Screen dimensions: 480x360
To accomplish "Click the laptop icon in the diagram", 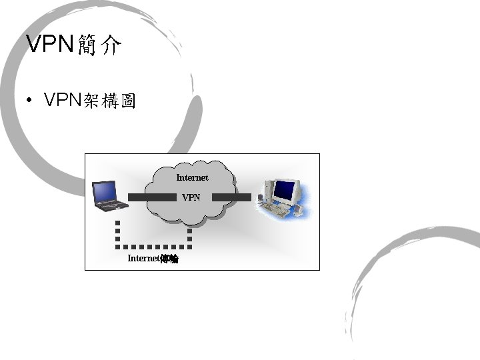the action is coord(109,196).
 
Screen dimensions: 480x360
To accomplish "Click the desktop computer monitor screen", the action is coord(283,191).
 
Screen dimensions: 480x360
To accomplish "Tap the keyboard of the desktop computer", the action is coord(275,209).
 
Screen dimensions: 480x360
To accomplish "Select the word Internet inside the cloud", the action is coord(192,177).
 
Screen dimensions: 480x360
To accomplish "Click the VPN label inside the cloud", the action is coord(191,197).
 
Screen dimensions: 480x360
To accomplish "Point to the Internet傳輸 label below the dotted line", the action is coord(153,258).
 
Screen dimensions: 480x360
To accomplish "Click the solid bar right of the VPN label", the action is coord(231,197).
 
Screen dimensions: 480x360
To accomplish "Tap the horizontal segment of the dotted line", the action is coord(153,245).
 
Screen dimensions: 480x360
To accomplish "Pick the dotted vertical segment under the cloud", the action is coord(189,235).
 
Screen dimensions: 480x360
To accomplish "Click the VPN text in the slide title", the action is coord(50,44).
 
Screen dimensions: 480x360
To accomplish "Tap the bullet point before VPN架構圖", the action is coord(29,101).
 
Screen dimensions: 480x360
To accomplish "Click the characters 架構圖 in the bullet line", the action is coord(109,101).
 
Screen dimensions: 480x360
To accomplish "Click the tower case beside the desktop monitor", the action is coord(267,190).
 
